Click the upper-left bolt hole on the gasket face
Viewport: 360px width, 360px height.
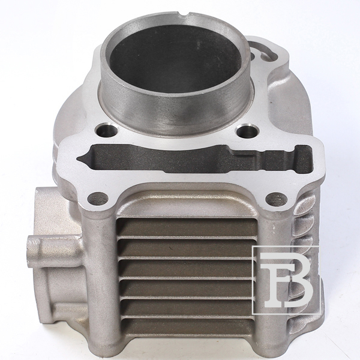tap(107, 130)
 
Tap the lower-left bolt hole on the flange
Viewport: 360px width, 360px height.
tap(98, 199)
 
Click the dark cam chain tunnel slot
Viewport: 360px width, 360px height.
tap(195, 158)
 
